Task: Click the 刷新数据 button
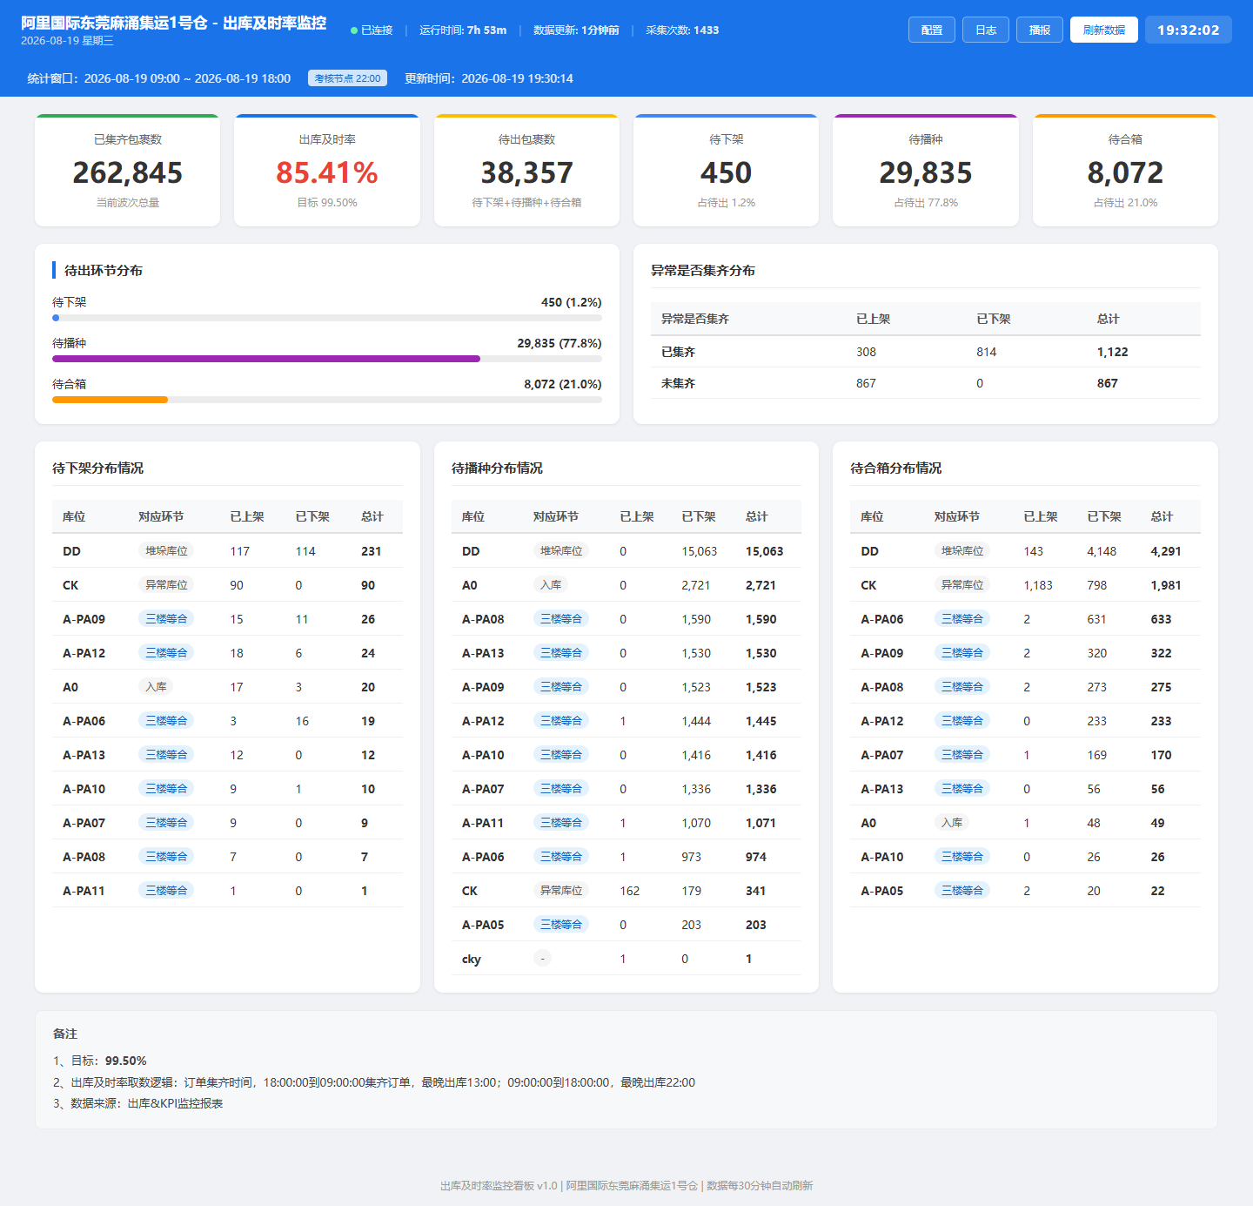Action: pyautogui.click(x=1103, y=30)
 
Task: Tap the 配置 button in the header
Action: pyautogui.click(x=931, y=30)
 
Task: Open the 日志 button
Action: pyautogui.click(x=985, y=30)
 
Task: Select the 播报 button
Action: pyautogui.click(x=1039, y=30)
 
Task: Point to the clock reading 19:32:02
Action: pyautogui.click(x=1188, y=30)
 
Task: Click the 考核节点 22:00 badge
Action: pyautogui.click(x=347, y=78)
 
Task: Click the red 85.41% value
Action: pyautogui.click(x=327, y=172)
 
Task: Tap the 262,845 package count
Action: pyautogui.click(x=128, y=172)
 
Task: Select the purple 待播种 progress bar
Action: pyautogui.click(x=266, y=359)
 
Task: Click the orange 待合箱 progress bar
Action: pyautogui.click(x=110, y=400)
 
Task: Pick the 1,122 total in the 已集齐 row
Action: pyautogui.click(x=1112, y=352)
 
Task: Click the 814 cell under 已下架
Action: pyautogui.click(x=986, y=352)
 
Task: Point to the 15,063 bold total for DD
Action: pyautogui.click(x=764, y=551)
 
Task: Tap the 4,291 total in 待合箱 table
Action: pyautogui.click(x=1165, y=551)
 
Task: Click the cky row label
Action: pyautogui.click(x=472, y=959)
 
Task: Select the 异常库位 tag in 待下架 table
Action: pyautogui.click(x=166, y=585)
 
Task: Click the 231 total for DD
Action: pyautogui.click(x=371, y=551)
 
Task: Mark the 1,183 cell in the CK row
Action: pyautogui.click(x=1038, y=585)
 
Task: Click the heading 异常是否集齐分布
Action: pyautogui.click(x=702, y=271)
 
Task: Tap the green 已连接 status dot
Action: pyautogui.click(x=353, y=30)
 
